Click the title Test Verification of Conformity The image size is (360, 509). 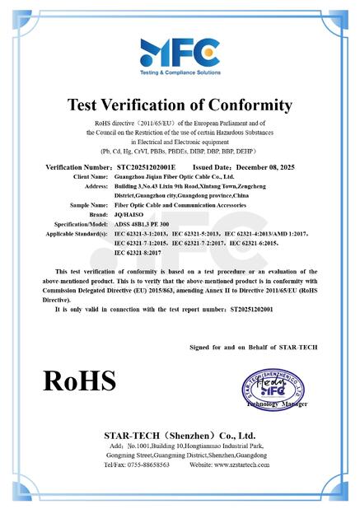[x=180, y=105]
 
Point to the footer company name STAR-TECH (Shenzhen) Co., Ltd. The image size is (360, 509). [x=180, y=433]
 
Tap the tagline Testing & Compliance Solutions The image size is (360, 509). [x=180, y=72]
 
